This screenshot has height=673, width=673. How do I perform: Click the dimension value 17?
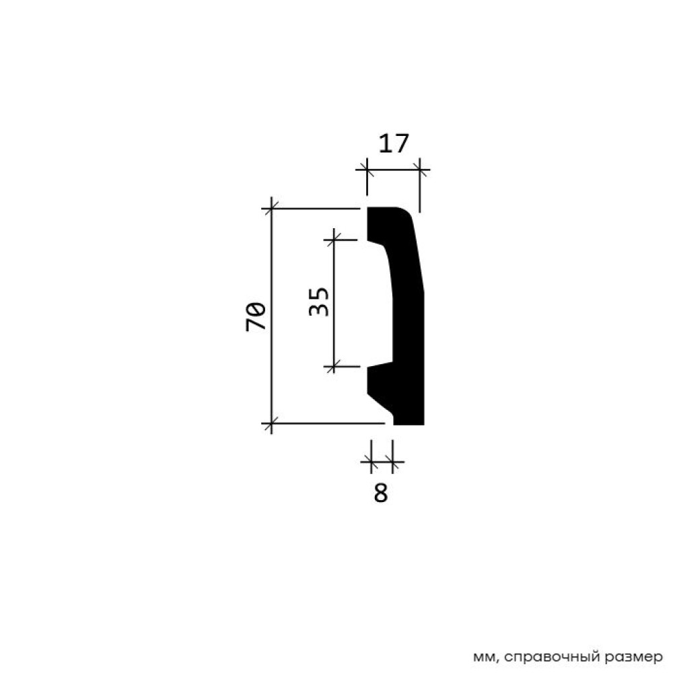tap(394, 143)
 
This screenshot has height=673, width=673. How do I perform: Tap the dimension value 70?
tap(256, 316)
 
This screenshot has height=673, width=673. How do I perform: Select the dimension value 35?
tap(319, 302)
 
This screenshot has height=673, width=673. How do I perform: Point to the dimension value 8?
tap(381, 493)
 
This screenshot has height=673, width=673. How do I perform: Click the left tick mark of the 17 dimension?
tap(367, 170)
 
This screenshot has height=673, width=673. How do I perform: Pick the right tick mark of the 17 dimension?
tap(420, 170)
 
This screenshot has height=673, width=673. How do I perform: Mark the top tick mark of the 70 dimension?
tap(271, 209)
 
